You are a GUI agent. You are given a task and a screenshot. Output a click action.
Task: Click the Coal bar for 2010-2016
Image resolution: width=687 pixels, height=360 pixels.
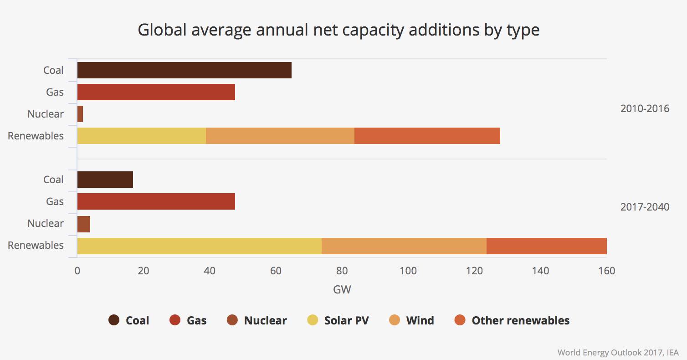tap(184, 70)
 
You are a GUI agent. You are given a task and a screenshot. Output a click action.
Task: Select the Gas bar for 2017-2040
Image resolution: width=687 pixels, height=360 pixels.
tap(156, 201)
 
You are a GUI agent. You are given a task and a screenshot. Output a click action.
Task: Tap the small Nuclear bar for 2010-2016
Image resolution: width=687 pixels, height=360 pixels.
tap(80, 114)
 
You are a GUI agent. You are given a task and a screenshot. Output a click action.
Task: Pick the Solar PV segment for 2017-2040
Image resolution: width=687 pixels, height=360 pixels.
tap(199, 246)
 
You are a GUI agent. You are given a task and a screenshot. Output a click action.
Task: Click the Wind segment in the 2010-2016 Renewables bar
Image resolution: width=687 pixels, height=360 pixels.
tap(280, 136)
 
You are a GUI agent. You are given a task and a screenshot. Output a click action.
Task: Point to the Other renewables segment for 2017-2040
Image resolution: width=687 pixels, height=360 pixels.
tap(546, 246)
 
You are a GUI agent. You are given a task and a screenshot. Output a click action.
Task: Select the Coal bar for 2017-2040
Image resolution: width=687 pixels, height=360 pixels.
tap(105, 180)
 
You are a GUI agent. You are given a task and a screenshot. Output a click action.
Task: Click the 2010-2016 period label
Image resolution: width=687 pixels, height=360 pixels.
tap(645, 109)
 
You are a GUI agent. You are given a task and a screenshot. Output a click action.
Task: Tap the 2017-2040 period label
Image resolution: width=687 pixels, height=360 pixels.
tap(645, 207)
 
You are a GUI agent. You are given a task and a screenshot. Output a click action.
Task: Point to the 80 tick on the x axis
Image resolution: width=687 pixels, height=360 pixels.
tap(342, 271)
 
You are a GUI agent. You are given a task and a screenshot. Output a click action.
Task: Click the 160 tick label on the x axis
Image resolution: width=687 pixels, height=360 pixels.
tap(606, 271)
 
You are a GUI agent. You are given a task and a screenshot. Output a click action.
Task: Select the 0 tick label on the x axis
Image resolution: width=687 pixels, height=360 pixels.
tap(77, 271)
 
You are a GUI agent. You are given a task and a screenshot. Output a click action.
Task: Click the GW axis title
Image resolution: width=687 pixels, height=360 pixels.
tap(342, 289)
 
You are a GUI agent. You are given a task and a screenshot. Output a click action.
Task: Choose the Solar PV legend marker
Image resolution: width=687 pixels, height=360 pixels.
tap(313, 320)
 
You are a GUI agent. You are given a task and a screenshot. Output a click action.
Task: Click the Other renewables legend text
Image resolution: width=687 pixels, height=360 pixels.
tap(520, 320)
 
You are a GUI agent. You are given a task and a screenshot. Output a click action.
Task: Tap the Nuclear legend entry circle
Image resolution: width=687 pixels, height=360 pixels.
tap(232, 320)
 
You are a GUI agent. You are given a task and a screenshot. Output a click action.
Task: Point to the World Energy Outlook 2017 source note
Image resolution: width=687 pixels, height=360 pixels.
tap(618, 352)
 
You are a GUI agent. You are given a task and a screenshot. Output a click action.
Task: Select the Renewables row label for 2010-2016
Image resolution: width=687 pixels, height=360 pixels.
tap(36, 136)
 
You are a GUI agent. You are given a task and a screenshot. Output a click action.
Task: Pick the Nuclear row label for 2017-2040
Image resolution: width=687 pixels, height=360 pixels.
tap(46, 223)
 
